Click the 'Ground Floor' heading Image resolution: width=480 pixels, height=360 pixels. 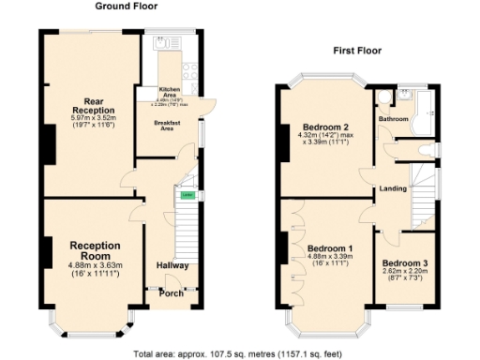126,7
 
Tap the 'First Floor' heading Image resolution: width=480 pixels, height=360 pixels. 356,51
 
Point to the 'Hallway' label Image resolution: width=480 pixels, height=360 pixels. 172,265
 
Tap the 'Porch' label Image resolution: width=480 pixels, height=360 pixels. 171,293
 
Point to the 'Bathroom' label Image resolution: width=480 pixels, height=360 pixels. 394,119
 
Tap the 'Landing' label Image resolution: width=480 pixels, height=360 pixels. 392,188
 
